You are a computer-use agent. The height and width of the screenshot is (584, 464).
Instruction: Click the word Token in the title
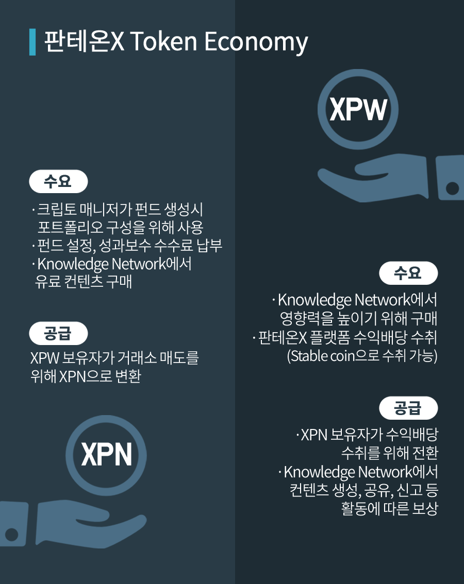point(163,41)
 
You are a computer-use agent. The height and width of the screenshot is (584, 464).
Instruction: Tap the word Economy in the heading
point(256,42)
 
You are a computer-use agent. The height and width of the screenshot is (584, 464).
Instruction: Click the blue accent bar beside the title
point(32,42)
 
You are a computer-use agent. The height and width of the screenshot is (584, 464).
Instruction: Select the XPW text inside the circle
point(358,110)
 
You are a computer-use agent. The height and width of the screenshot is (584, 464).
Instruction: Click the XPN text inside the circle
point(107,454)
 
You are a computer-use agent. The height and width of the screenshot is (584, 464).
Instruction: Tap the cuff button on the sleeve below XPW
point(452,188)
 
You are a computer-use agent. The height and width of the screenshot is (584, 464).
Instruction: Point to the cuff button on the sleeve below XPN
point(11,534)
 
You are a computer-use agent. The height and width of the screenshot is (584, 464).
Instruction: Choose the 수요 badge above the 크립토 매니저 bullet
point(59,181)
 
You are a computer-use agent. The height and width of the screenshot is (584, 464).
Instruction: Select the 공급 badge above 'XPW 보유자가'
point(59,333)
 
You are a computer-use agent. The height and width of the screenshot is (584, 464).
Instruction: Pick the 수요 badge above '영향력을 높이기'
point(408,273)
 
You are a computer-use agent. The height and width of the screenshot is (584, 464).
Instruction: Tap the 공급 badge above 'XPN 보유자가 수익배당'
point(408,408)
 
